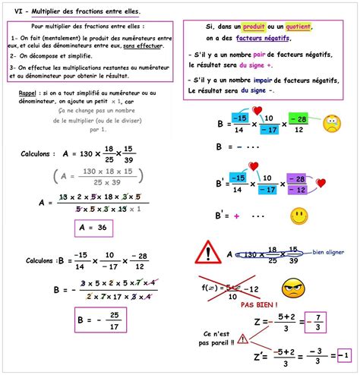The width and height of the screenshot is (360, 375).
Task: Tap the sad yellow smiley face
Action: [330, 123]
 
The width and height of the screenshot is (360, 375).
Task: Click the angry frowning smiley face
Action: [293, 288]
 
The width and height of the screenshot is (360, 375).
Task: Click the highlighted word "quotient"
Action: [300, 27]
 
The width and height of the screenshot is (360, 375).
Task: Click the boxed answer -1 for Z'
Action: [343, 354]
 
